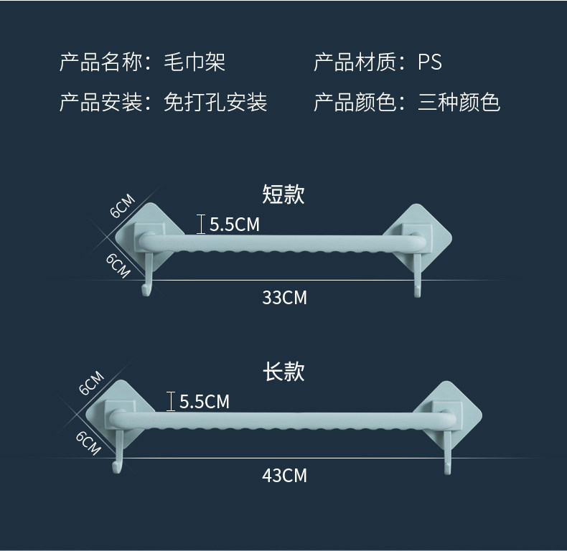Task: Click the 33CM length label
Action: click(284, 297)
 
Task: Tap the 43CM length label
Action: click(284, 474)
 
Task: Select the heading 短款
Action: click(283, 194)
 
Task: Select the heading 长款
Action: click(283, 371)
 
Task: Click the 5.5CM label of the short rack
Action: click(235, 225)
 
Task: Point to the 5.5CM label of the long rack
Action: click(205, 401)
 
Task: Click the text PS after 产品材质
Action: click(430, 63)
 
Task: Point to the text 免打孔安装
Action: click(215, 103)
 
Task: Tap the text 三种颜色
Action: click(459, 103)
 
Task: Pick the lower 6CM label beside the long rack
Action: click(88, 443)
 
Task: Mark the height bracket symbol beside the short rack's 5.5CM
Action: click(201, 225)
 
